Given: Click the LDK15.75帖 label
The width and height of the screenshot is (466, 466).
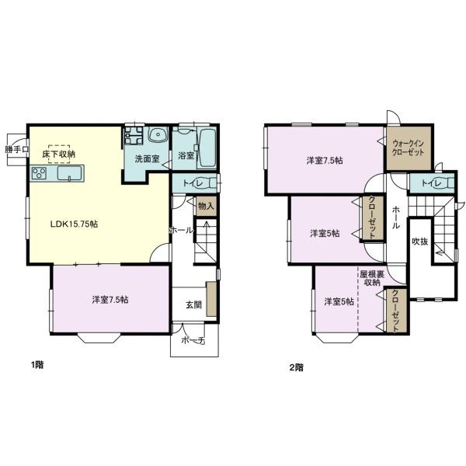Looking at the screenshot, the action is [x=74, y=224].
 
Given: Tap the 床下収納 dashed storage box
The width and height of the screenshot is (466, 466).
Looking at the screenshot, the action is [x=59, y=154].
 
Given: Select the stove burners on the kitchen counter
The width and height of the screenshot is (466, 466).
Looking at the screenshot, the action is [x=40, y=173].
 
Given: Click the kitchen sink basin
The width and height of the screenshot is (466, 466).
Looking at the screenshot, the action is [x=70, y=173].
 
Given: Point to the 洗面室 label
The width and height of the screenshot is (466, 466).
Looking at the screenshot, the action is [x=147, y=158].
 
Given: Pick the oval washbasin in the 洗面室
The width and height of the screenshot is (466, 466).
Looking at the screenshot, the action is [x=158, y=136].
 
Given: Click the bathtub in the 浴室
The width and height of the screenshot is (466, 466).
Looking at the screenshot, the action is [x=207, y=148].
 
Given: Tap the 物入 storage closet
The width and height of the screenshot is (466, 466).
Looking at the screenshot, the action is [x=207, y=206].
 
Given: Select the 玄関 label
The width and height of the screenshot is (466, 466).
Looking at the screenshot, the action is [x=193, y=305].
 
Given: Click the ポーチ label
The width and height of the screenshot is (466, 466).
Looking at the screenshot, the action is [x=193, y=341].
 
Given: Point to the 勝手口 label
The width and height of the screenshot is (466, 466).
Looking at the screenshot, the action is [x=16, y=149].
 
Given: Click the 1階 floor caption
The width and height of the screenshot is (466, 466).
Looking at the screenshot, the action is [x=37, y=365].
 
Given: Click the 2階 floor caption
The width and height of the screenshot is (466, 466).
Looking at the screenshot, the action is [x=297, y=367].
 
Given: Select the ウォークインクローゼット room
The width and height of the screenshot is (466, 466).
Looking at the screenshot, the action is [x=409, y=148].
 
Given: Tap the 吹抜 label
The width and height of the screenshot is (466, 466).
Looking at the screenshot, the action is [x=420, y=242].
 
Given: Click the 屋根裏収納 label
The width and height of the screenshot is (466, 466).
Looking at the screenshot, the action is [x=372, y=278].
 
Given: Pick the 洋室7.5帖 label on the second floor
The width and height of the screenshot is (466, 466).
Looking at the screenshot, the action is [x=325, y=161].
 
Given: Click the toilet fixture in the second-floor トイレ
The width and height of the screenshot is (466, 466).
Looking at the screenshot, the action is [x=447, y=183].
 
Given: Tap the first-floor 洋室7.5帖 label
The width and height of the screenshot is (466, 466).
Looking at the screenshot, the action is [x=110, y=300].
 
